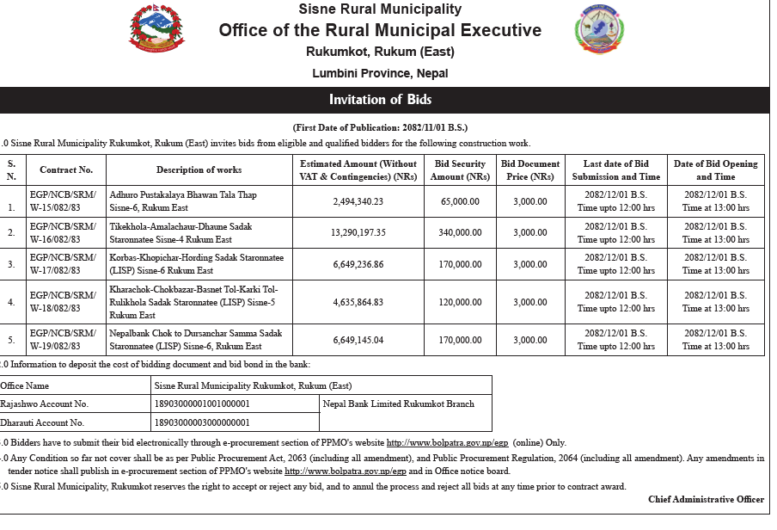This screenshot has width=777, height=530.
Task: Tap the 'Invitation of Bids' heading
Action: point(379,100)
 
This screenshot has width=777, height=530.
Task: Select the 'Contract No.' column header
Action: point(66,170)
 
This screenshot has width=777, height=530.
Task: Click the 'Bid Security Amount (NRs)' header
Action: point(460,170)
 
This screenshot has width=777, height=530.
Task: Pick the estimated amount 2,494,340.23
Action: point(358,201)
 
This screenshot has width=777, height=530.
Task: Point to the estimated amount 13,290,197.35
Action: point(358,232)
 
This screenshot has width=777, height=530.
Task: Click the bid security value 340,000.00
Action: point(460,232)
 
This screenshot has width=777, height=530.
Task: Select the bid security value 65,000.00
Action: point(460,201)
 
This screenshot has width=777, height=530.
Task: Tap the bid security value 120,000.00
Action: point(460,302)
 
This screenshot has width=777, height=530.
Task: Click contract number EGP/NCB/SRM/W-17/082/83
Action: point(63,264)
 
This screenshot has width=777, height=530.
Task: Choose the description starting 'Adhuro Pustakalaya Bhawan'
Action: point(183,201)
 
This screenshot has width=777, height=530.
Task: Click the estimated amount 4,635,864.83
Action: point(358,302)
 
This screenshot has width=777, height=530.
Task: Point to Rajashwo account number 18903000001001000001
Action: point(201,404)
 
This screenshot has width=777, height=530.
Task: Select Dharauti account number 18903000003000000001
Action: point(201,422)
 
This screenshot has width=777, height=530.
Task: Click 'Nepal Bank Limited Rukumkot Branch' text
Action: point(398,404)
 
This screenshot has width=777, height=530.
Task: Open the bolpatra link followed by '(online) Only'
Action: point(446,441)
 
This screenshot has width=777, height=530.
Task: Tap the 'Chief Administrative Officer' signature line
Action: point(706,499)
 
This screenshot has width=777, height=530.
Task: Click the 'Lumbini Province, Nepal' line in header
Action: point(380,74)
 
